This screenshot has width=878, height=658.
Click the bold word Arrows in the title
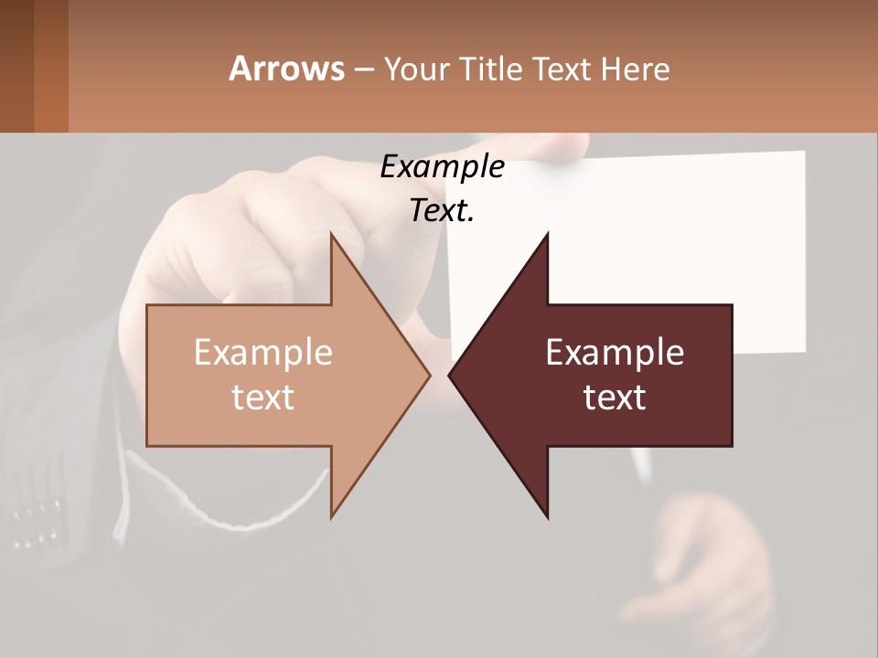coord(286,69)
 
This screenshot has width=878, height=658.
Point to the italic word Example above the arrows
coord(442,167)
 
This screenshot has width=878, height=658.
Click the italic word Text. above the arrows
coord(442,211)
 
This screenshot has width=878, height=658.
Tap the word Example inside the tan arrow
coord(263,353)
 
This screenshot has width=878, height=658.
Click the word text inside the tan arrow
coord(263,397)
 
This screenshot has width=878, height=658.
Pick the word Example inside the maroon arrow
coord(615,353)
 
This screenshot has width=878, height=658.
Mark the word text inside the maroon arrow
coord(615,397)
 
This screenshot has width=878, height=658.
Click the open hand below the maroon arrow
coord(713,567)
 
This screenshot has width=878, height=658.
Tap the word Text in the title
coord(561,69)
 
